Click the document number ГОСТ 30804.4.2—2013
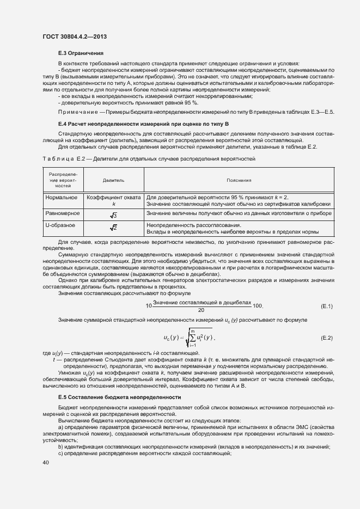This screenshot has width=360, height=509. (x=74, y=36)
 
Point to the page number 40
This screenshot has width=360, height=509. (x=45, y=463)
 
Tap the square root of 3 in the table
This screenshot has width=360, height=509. (x=113, y=216)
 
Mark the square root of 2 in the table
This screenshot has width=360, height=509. (x=113, y=228)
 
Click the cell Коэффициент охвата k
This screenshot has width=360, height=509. (x=113, y=200)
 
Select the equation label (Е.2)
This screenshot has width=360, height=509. (x=327, y=338)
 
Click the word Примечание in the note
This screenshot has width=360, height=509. (x=78, y=112)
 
